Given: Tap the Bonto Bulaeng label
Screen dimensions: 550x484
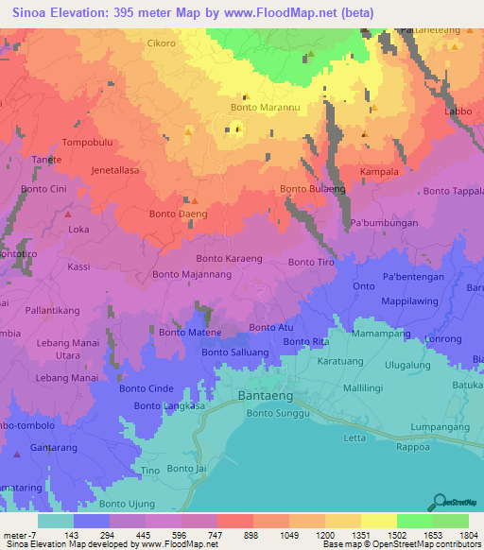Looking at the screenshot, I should [x=312, y=190].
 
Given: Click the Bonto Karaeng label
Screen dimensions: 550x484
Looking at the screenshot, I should [x=229, y=258].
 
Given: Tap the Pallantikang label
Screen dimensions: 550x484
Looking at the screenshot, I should [x=52, y=310].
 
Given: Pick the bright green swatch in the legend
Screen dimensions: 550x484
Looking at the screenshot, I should [x=414, y=520].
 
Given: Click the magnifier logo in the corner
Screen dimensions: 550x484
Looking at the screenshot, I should [x=437, y=502].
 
